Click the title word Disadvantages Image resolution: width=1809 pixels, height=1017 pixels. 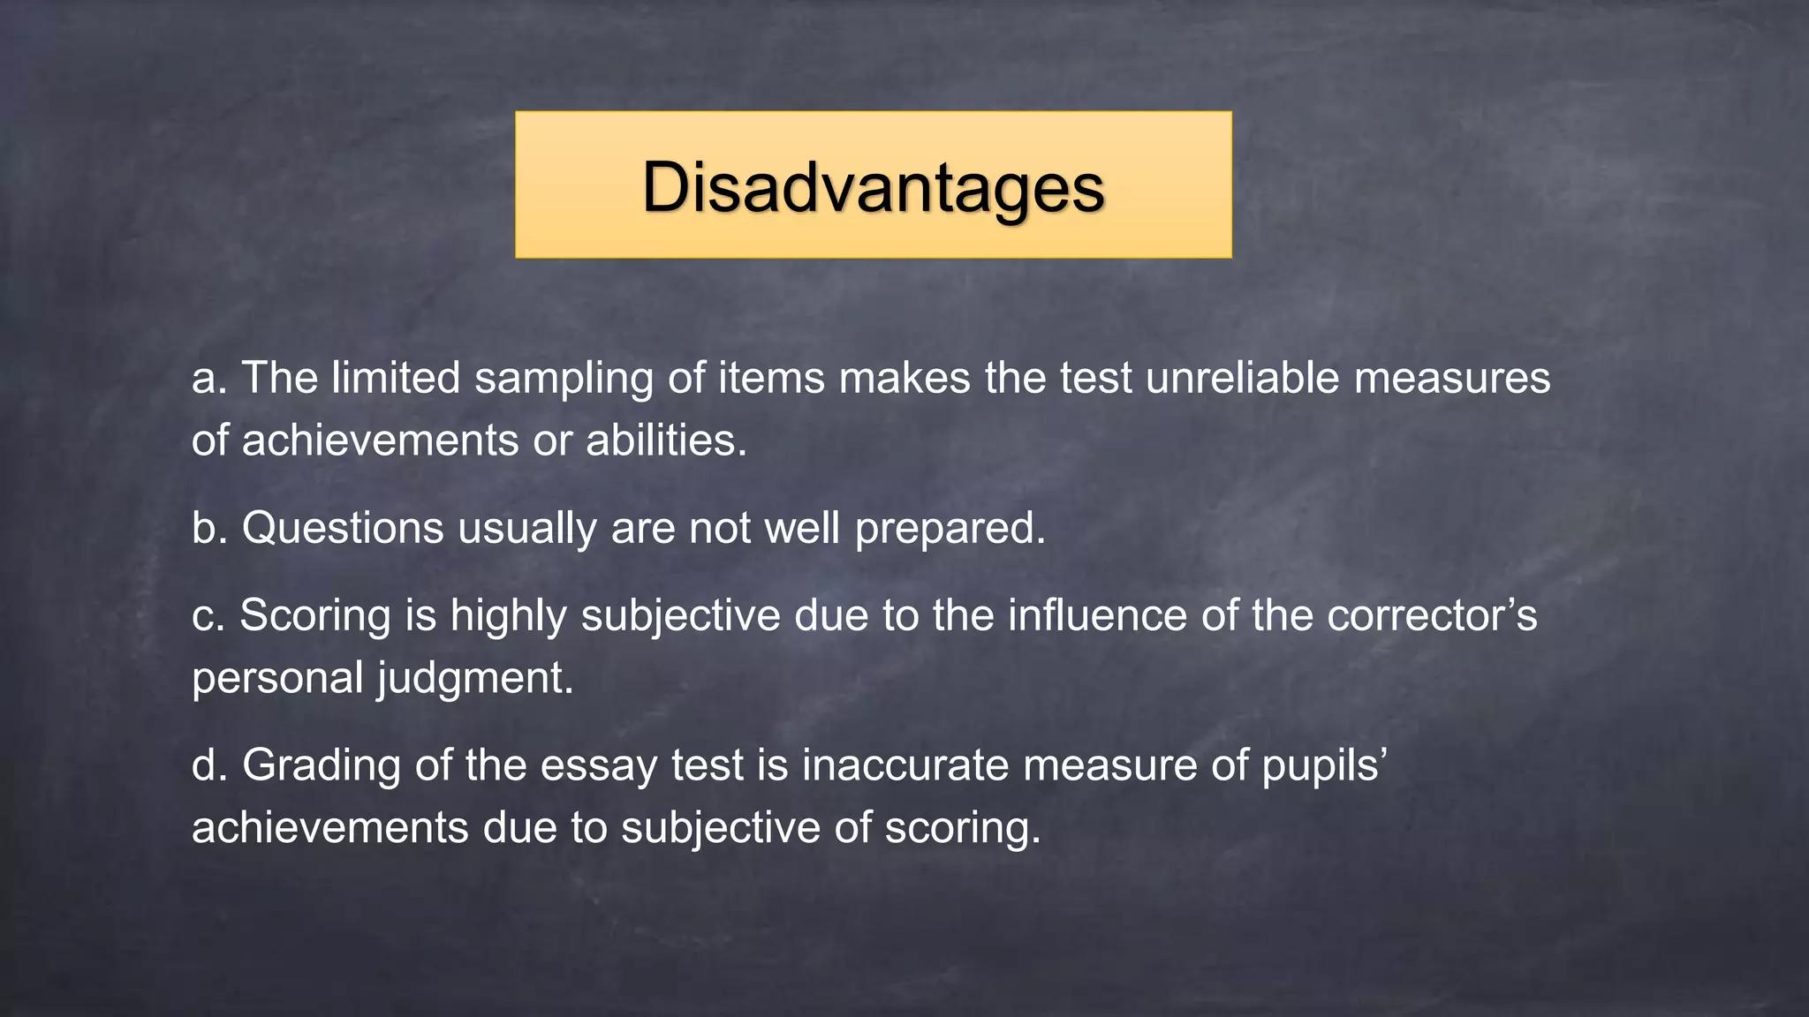click(x=873, y=187)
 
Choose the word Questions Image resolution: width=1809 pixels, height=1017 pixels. click(x=343, y=529)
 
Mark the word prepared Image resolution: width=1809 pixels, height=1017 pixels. click(x=950, y=530)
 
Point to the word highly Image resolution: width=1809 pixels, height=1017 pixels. click(x=508, y=616)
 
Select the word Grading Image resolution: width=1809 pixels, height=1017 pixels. click(x=322, y=766)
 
